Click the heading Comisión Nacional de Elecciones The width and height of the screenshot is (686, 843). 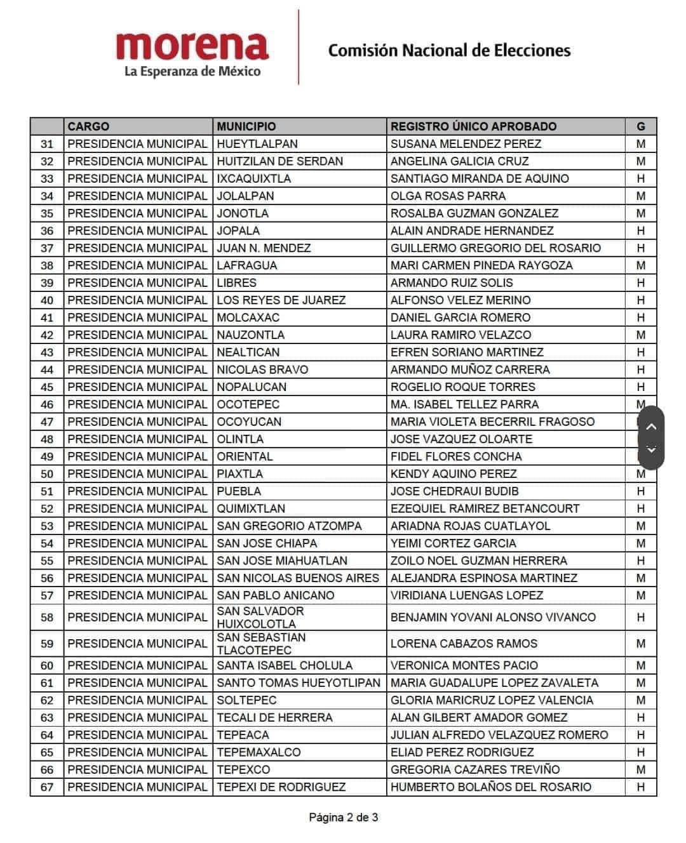[449, 51]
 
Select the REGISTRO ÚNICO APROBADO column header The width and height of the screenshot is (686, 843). [473, 126]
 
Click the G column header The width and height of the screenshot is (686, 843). [641, 126]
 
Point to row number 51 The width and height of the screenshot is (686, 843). [47, 491]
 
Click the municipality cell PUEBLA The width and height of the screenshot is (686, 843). [239, 491]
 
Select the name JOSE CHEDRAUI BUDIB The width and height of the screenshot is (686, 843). [454, 491]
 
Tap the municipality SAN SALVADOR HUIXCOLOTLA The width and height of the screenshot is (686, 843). [260, 617]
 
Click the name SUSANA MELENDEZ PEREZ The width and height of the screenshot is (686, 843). [466, 144]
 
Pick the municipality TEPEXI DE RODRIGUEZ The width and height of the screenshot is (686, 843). [281, 787]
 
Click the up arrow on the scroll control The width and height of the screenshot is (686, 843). [650, 427]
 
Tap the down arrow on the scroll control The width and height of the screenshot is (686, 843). [650, 449]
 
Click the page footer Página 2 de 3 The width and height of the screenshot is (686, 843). [343, 817]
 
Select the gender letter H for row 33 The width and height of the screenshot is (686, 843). [641, 179]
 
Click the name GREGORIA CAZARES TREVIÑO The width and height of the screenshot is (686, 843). [475, 770]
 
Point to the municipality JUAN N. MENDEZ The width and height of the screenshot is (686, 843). [264, 248]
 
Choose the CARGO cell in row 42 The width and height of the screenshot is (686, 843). [137, 335]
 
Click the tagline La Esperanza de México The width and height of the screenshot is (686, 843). [192, 72]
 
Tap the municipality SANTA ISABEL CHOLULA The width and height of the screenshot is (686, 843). [284, 665]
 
